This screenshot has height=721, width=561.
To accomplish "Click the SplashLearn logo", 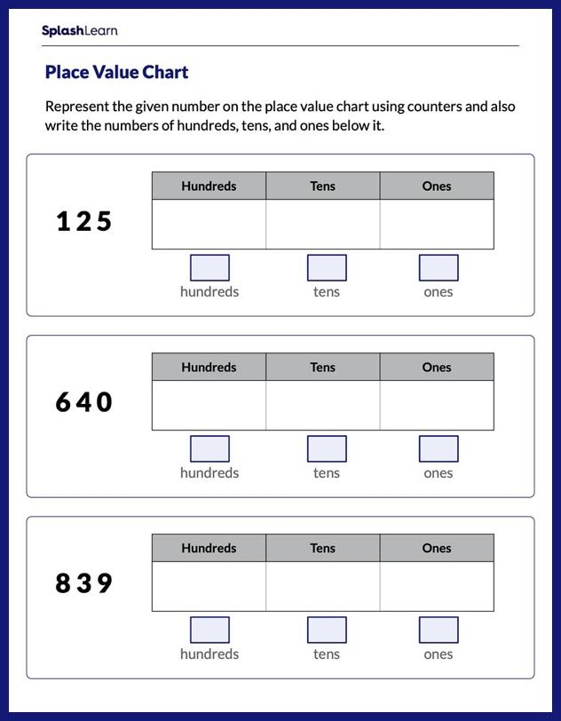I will coord(79,31).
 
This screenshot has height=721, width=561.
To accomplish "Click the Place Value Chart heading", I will coord(116,72).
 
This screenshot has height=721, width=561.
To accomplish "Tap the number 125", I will coord(84,221).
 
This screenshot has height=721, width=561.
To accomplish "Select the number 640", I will coord(84,402).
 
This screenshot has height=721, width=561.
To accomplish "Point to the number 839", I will coord(84,583).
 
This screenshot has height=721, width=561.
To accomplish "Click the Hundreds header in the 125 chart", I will coord(209,186).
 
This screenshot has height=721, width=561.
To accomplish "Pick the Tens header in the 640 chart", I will coord(322,368).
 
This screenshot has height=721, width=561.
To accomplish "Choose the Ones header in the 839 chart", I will coord(437,549).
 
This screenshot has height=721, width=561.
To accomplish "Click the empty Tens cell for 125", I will coord(322,224).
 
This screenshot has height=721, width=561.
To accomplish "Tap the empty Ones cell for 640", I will coord(437,405).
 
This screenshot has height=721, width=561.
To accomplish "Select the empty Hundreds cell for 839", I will coord(209,586).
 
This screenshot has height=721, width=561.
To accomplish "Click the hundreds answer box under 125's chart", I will coord(209,267).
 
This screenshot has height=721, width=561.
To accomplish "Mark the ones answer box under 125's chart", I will coord(439,267).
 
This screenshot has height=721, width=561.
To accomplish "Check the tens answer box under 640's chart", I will coord(327,448).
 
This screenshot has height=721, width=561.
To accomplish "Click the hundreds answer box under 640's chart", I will coord(209,448).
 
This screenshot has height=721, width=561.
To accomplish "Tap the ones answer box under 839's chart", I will coord(439,630).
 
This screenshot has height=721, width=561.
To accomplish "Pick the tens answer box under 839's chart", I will coord(327,630).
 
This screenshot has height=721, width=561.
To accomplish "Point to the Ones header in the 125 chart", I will coord(437,186).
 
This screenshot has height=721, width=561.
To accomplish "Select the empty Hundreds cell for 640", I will coord(209,405).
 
